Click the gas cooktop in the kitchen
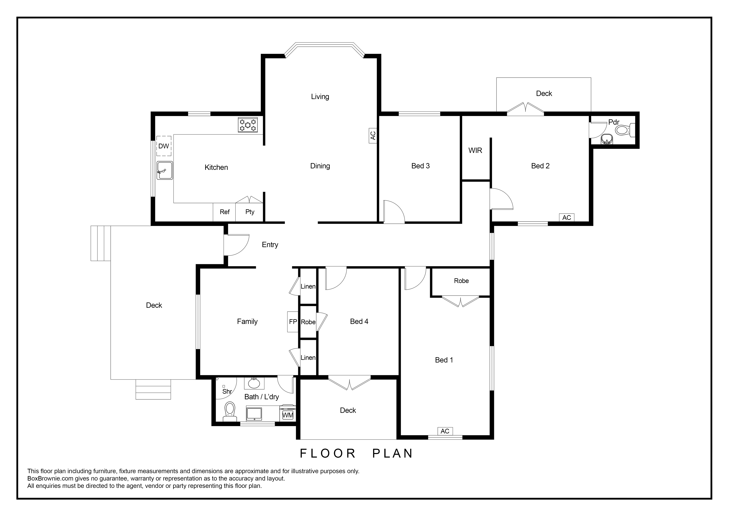248,125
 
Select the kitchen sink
165,170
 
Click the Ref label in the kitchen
225,212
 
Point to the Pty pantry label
250,212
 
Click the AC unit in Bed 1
445,431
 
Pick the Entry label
270,245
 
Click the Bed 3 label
420,166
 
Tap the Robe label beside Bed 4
308,322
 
